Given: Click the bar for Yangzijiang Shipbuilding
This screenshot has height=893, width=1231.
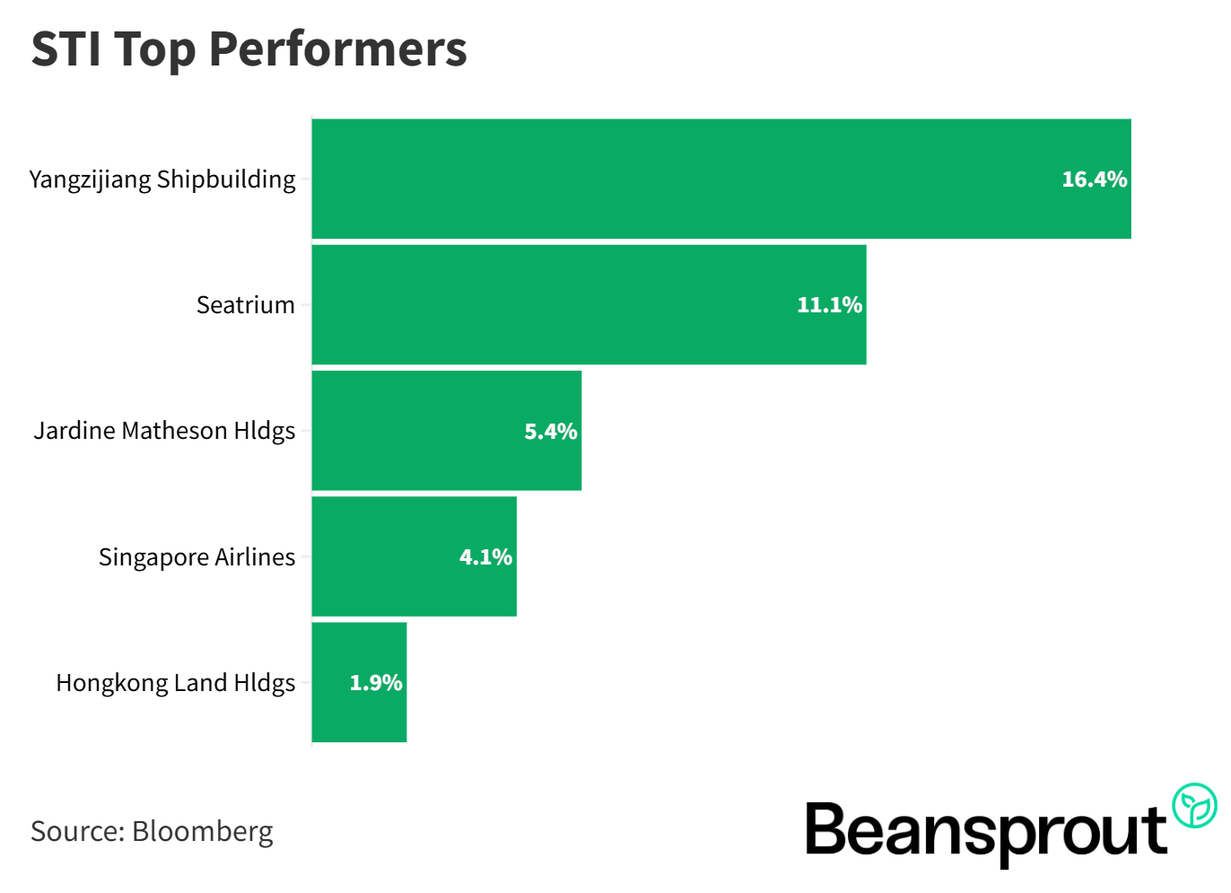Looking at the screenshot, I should (x=682, y=179).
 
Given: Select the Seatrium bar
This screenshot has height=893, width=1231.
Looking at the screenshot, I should (x=556, y=304).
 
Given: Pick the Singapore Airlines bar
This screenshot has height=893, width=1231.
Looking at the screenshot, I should (x=386, y=556).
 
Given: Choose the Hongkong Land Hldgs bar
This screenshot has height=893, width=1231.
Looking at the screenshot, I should (x=332, y=682).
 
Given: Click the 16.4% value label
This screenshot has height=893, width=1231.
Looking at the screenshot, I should (x=1094, y=179).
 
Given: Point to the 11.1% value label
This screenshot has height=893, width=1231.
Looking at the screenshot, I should (x=829, y=305).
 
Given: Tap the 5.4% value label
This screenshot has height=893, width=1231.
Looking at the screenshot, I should (x=550, y=432).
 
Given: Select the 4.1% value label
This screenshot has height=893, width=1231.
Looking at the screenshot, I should (x=485, y=557).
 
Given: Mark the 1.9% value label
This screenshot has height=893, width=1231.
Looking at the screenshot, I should (x=375, y=683).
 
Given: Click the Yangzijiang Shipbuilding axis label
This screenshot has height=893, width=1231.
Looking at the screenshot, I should (x=162, y=179).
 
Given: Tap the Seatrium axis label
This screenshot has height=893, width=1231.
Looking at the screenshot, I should (x=245, y=305).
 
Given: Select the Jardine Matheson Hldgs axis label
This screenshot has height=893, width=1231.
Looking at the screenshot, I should (x=164, y=431).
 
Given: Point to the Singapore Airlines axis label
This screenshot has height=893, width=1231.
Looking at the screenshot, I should (x=196, y=557).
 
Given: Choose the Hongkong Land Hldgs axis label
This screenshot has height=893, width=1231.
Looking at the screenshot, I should (x=175, y=683).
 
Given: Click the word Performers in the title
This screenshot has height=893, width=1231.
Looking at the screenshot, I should (x=337, y=49).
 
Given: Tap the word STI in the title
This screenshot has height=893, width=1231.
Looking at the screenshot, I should (x=65, y=49).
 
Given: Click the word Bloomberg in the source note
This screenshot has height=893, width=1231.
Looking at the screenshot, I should (x=202, y=831).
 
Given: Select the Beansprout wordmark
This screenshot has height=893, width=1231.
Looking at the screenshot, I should (x=985, y=831).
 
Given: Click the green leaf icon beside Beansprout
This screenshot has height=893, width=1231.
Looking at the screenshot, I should (x=1194, y=805).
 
